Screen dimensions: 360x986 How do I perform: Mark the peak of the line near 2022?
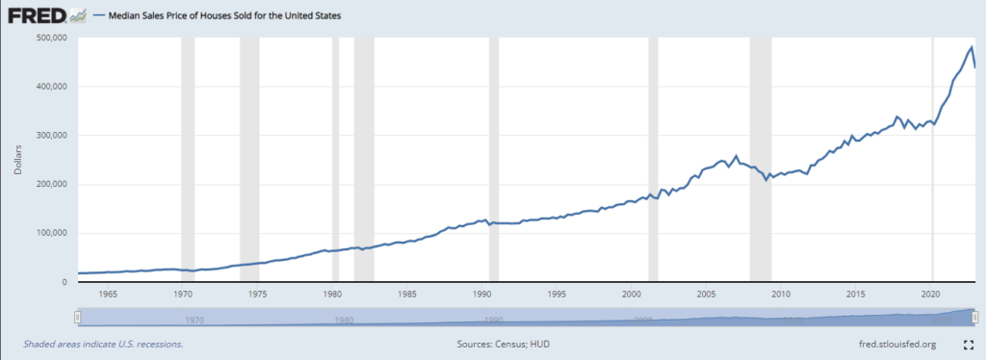pos(971,47)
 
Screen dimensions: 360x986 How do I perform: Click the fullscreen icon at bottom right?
pos(968,343)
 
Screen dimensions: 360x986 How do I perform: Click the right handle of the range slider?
pos(974,317)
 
